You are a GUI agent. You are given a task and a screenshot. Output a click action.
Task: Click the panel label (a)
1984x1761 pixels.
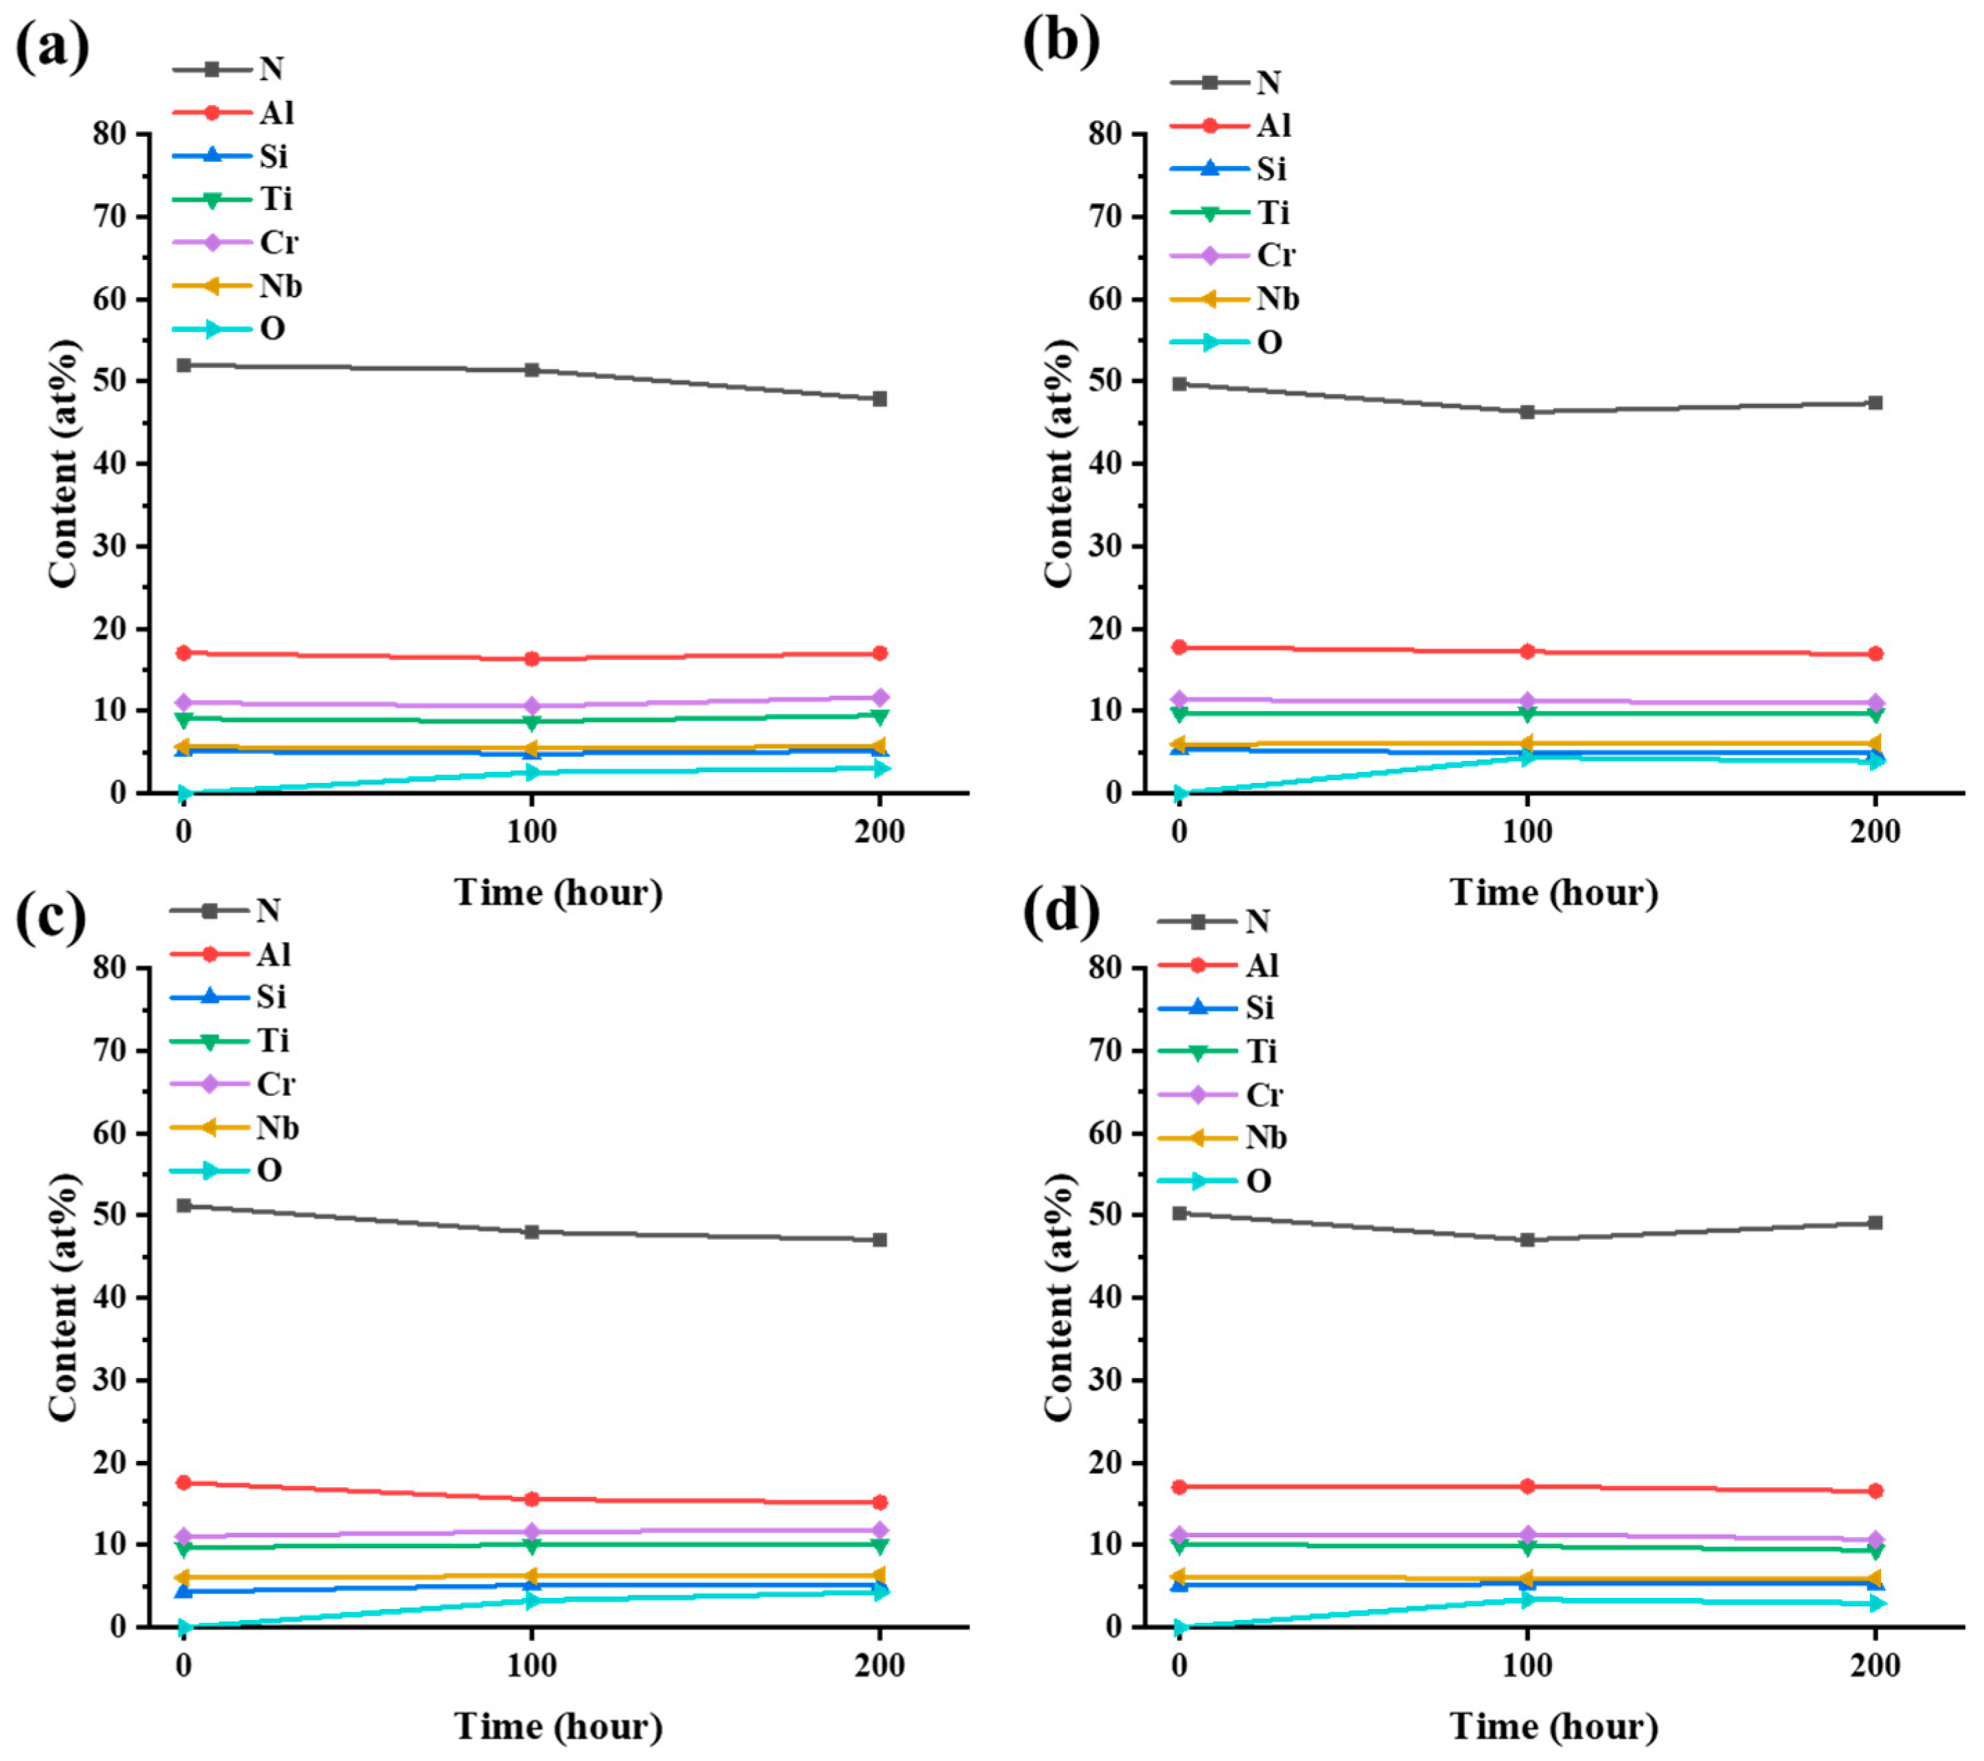(51, 46)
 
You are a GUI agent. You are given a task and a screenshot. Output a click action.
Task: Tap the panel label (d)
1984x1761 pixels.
(1061, 912)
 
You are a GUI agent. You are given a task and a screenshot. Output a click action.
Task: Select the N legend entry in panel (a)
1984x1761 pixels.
(233, 69)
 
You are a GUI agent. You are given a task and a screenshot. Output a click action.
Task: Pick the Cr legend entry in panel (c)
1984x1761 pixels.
(234, 1084)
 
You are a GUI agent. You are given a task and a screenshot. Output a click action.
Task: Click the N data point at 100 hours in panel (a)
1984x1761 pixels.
(532, 370)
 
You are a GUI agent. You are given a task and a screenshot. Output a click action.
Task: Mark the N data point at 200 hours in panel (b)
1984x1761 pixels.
(1875, 403)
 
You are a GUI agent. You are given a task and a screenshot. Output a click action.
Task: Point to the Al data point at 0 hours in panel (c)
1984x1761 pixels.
(183, 1482)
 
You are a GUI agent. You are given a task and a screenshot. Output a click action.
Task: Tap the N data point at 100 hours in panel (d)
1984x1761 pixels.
(1527, 1240)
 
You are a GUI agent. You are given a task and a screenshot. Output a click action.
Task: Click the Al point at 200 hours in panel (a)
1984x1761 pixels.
(879, 653)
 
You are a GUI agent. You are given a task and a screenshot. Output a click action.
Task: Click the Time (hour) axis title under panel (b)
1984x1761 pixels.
(1553, 893)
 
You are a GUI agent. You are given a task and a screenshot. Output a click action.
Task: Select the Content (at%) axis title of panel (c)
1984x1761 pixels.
(63, 1297)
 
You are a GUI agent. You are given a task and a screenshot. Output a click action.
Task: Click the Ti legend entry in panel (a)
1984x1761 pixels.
(234, 199)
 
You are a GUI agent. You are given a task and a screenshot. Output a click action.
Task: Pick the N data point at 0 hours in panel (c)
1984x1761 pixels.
(183, 1206)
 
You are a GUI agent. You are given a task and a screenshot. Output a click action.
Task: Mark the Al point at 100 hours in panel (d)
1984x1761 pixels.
(1527, 1487)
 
